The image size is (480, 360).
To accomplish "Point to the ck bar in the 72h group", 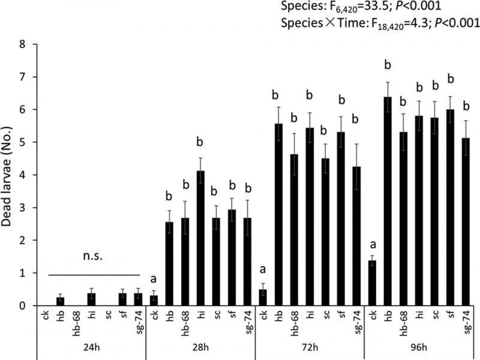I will pos(263,298).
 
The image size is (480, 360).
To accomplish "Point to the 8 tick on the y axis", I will pos(22,44).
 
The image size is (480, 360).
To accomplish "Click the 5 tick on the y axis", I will pos(22,142).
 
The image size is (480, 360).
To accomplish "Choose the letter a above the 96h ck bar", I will pos(373,245).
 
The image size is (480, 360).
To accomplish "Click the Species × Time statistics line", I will pos(379,24).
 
